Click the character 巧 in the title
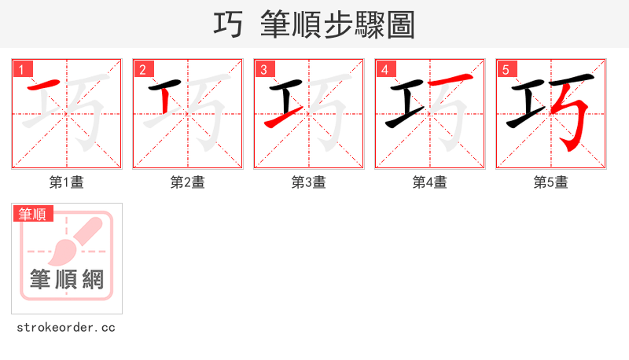click(228, 25)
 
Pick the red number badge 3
click(265, 70)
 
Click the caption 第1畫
click(67, 182)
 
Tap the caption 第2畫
click(188, 182)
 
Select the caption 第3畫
click(309, 182)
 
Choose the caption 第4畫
click(430, 182)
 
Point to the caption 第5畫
click(551, 182)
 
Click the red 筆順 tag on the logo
click(33, 214)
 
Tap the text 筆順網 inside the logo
click(67, 279)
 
